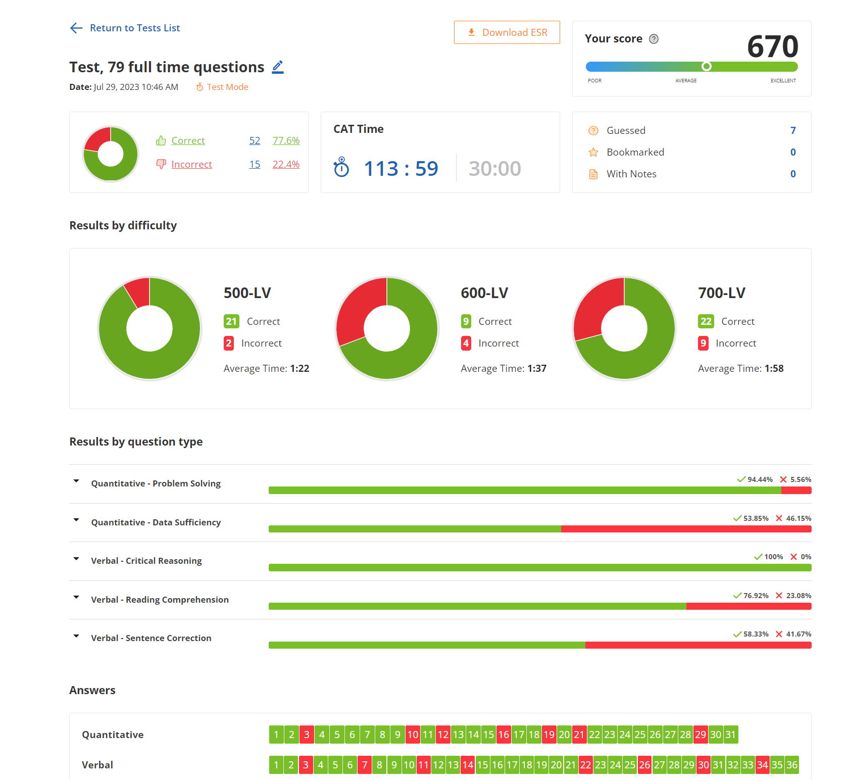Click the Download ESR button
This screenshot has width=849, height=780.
507,32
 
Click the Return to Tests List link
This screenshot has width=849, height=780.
134,28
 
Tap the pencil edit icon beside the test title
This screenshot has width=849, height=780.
278,67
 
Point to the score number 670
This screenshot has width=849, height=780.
772,46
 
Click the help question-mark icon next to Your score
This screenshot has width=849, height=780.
654,39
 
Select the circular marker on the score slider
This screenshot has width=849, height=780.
707,66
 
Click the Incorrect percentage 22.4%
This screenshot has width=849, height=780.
286,164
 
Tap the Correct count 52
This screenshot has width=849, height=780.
255,140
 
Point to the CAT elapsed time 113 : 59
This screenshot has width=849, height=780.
401,168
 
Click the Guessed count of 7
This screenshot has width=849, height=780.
793,130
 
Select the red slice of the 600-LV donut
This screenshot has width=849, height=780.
359,308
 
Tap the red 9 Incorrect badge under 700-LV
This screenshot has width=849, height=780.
703,344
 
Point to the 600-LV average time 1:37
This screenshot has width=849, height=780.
537,369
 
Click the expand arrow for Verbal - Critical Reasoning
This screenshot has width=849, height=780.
76,559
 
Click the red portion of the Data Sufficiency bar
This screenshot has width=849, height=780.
686,529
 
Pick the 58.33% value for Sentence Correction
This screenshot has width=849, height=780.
756,634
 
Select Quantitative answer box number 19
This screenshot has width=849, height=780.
549,735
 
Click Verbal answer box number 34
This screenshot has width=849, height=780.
762,765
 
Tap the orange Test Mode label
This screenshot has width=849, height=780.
227,87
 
